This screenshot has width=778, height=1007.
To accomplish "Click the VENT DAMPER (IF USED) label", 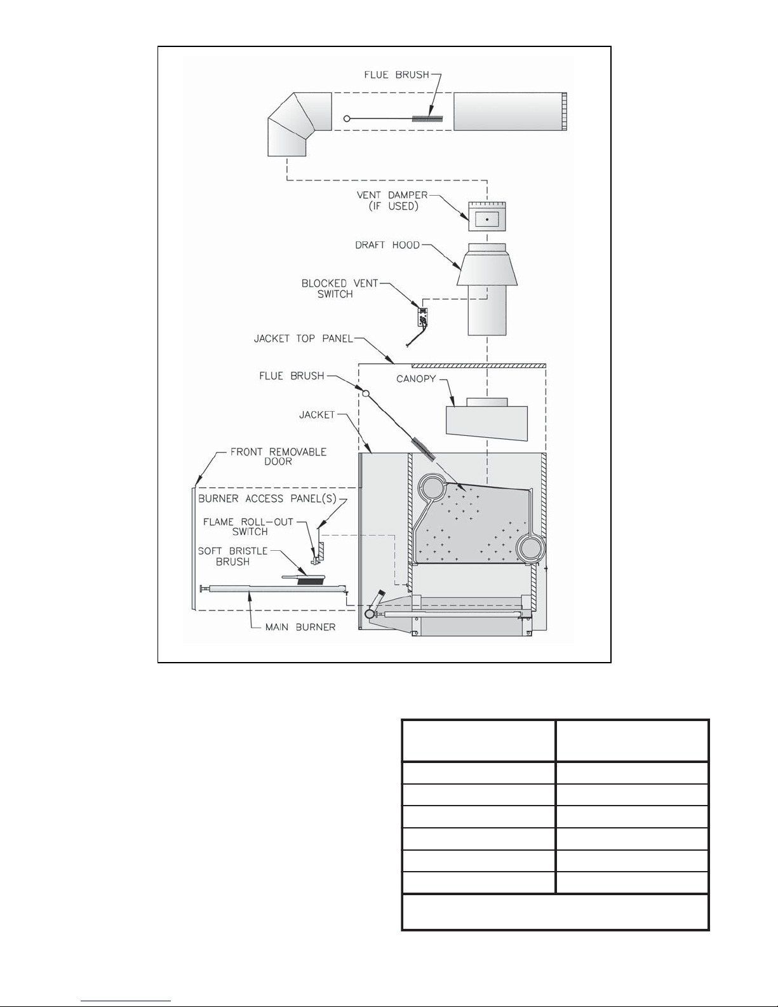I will [391, 200].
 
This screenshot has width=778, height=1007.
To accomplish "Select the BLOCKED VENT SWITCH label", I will [339, 288].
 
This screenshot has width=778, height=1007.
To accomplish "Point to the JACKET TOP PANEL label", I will [303, 339].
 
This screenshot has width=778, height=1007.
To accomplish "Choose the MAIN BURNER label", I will [300, 627].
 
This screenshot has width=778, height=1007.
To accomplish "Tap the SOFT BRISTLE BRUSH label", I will [232, 556].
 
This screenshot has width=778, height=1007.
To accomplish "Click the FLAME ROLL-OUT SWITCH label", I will [248, 527].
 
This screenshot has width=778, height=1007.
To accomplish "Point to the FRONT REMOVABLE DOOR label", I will [278, 456].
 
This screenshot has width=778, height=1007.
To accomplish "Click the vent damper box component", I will [487, 218].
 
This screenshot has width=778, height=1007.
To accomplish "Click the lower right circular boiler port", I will [529, 547].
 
